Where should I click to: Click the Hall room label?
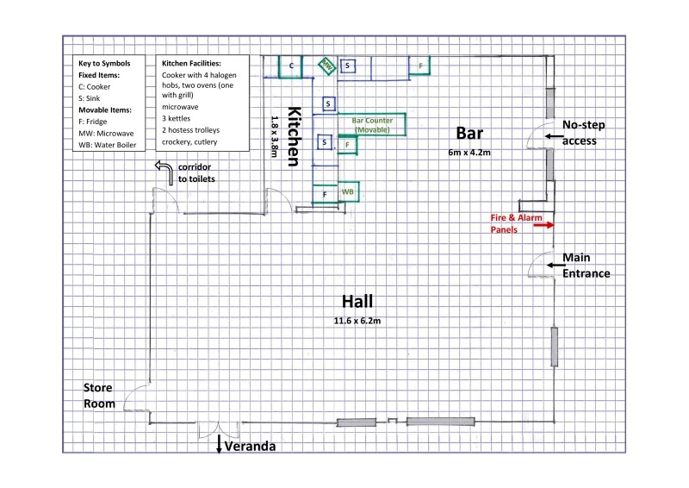[357, 302]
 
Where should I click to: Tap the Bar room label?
[469, 134]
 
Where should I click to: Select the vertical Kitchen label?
[294, 136]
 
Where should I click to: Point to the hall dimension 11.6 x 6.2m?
[357, 321]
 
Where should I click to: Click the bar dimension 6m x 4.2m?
[469, 153]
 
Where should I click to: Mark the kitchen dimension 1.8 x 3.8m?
[275, 136]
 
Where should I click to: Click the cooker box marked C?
[290, 66]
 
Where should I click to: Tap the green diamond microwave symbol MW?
[326, 66]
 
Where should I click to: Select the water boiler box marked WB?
[348, 192]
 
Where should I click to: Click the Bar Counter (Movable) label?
[372, 125]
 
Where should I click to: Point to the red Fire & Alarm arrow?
[543, 225]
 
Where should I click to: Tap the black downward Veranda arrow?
[219, 444]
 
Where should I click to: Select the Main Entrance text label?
[587, 266]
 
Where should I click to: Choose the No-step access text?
[584, 133]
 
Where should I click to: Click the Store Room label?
[99, 396]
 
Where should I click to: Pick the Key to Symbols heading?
[104, 63]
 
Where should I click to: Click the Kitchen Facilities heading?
[191, 63]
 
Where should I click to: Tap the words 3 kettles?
[177, 118]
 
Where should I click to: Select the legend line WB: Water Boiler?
[107, 145]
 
